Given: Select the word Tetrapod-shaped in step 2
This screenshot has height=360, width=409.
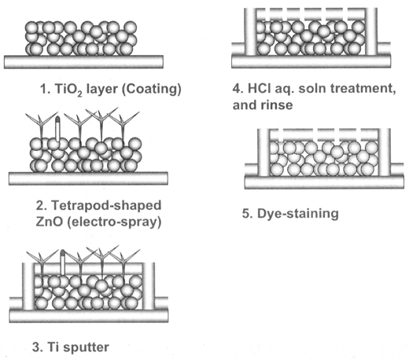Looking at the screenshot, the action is (106, 206).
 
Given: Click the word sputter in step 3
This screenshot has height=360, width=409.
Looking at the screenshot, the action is (86, 347).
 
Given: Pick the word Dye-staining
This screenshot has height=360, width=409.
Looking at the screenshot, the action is (298, 214).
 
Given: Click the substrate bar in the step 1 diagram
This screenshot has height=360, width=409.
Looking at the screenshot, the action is (83, 62).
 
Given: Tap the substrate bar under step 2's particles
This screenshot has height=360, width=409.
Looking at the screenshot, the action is (88, 178).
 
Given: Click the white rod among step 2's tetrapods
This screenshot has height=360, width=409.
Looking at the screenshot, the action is (57, 128).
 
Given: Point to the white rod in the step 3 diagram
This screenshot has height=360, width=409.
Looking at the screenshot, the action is (63, 262).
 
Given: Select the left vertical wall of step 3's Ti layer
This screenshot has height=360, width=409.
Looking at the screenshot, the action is (28, 286).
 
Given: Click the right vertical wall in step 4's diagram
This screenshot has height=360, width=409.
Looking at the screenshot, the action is (371, 31).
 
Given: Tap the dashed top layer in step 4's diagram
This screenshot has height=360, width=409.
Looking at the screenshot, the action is (311, 14).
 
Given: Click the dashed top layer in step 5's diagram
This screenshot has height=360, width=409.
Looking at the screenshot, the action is (324, 135).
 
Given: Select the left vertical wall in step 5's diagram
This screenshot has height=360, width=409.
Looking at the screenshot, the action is (263, 152).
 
